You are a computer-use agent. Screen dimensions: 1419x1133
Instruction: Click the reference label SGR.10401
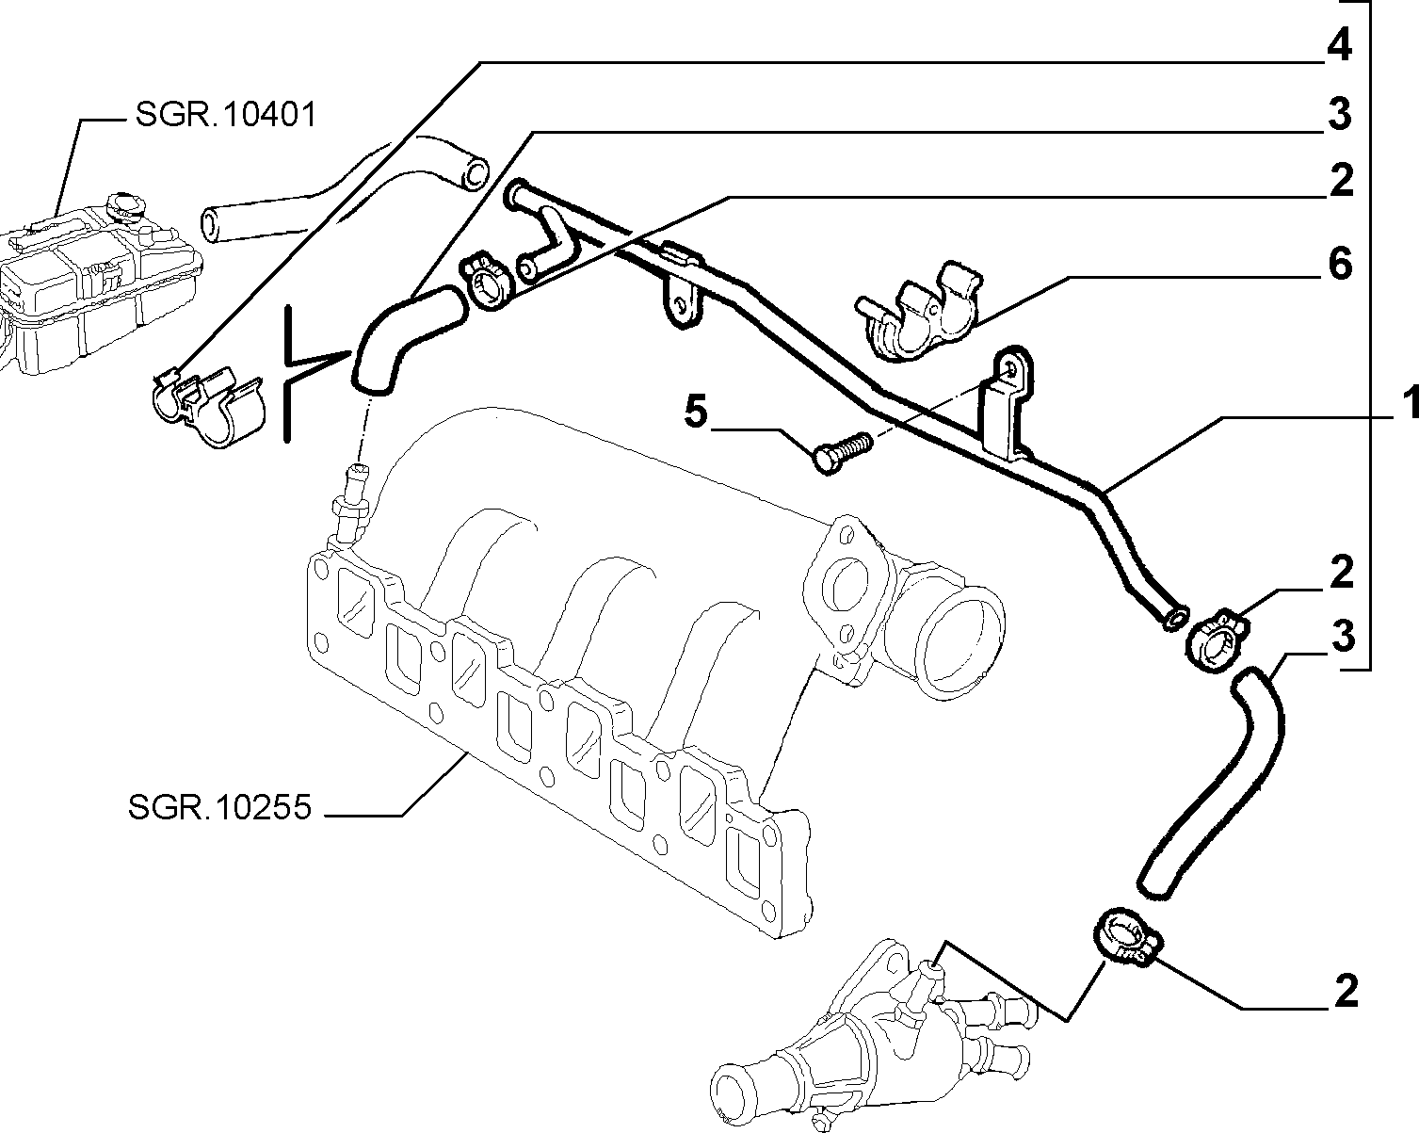pos(226,115)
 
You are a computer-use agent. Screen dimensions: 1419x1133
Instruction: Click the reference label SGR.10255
pos(219,806)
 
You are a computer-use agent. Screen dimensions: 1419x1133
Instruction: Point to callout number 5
pos(696,412)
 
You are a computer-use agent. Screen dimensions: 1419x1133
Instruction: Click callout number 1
pos(1410,403)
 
